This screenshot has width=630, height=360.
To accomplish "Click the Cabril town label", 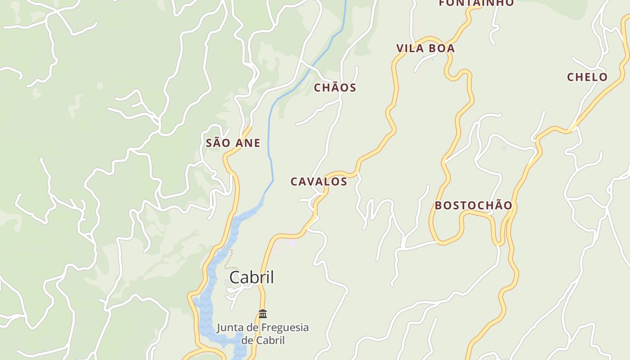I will coord(252,277).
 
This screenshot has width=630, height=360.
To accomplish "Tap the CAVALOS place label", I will coord(319,181).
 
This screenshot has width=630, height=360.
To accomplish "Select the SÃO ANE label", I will coord(233,143).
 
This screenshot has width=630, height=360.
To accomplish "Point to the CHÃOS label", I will coord(335,88).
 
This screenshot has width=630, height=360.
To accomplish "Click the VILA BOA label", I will coord(425,48).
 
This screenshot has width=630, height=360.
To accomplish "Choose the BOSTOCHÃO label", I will coord(473,206).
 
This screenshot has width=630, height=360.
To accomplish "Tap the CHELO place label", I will coord(587,77).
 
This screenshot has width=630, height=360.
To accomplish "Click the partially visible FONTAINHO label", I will coord(476,3).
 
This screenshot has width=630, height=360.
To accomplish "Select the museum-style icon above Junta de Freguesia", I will coord(263,314).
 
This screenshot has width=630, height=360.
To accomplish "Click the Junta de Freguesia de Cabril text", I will coord(263,333).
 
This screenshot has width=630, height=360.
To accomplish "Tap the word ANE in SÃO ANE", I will coord(247,143).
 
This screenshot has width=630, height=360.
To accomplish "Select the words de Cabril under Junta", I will coord(263,340).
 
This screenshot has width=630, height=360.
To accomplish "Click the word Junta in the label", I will coord(231,327).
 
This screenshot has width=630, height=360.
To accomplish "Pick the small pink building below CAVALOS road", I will coord(290,243).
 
